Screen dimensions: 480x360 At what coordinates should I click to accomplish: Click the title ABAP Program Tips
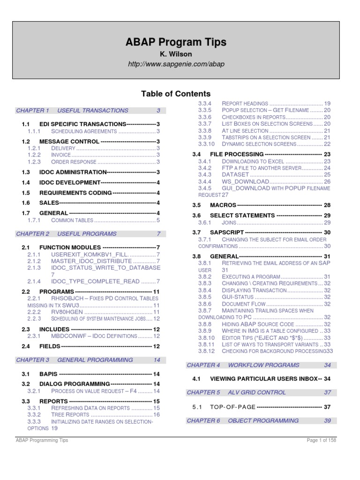tap(176, 42)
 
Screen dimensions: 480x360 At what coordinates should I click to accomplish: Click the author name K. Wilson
tap(176, 55)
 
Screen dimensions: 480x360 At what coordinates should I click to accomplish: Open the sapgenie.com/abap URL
tap(176, 64)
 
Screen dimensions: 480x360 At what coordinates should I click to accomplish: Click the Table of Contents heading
tap(176, 94)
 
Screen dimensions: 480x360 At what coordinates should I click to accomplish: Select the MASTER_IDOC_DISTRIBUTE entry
tap(91, 261)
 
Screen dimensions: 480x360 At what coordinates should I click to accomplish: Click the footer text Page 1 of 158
tap(321, 440)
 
